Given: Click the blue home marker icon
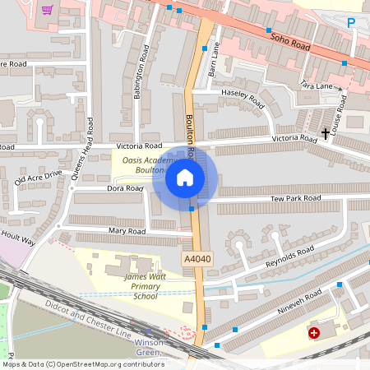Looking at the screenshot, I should tap(185, 177).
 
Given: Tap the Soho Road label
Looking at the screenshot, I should tap(289, 38).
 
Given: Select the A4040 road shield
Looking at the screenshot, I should tap(197, 259).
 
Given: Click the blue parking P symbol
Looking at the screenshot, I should tap(351, 23).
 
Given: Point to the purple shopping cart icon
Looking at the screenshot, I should tap(48, 10).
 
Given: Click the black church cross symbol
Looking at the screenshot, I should tap(326, 132).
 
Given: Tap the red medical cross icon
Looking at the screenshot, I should tap(314, 333).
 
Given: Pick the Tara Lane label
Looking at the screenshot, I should tap(317, 86).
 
